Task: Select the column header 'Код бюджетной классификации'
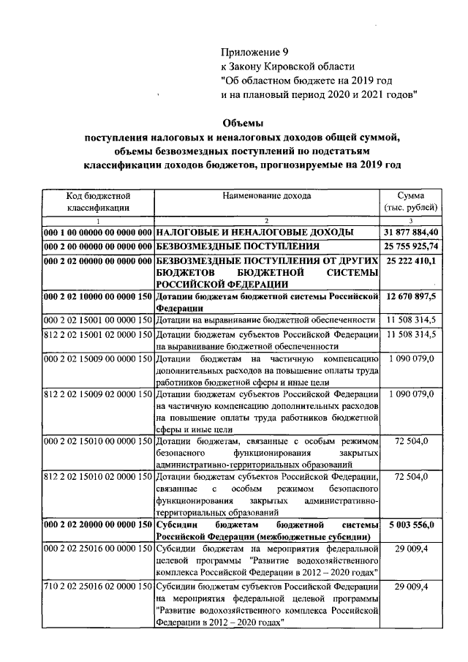coord(98,202)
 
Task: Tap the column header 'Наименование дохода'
coord(267,196)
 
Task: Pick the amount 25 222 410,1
coord(410,260)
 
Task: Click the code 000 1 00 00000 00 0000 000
coord(98,232)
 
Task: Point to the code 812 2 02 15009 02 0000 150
coord(98,395)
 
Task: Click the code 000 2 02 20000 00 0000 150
coord(98,525)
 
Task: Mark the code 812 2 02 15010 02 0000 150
coord(98,478)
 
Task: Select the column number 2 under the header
coord(267,222)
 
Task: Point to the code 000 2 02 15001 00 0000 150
coord(98,320)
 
